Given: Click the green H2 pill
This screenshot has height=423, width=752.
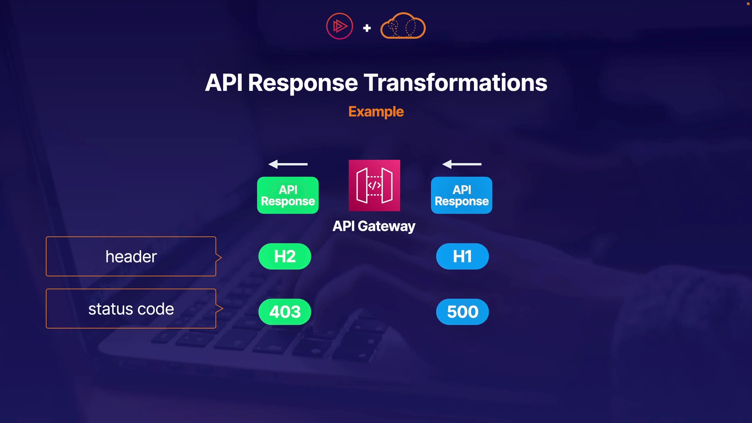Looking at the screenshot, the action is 285,257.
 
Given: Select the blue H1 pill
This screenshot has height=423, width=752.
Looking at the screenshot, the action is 462,257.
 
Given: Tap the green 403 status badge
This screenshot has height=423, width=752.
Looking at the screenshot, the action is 285,312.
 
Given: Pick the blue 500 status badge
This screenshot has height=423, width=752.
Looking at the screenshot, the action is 462,312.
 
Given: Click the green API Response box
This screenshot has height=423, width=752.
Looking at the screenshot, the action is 288,195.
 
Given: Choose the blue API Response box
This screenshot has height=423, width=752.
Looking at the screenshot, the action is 461,195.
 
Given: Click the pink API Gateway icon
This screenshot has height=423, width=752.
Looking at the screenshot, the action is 374,185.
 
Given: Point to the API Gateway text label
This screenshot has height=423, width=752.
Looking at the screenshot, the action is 374,226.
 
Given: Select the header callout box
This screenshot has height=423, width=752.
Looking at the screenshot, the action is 131,257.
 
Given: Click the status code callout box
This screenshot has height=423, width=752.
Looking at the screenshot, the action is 131,309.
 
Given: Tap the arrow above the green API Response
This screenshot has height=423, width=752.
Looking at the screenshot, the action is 288,164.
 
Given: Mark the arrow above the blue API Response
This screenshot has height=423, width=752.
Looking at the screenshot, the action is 462,164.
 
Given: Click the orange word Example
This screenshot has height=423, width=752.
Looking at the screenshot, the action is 376,112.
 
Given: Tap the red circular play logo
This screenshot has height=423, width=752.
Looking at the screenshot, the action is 340,26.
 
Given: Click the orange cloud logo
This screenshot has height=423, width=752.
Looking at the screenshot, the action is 403,26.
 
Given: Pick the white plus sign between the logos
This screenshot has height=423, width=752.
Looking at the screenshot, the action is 367,28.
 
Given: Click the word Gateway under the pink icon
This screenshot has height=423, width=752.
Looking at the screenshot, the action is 386,226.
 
